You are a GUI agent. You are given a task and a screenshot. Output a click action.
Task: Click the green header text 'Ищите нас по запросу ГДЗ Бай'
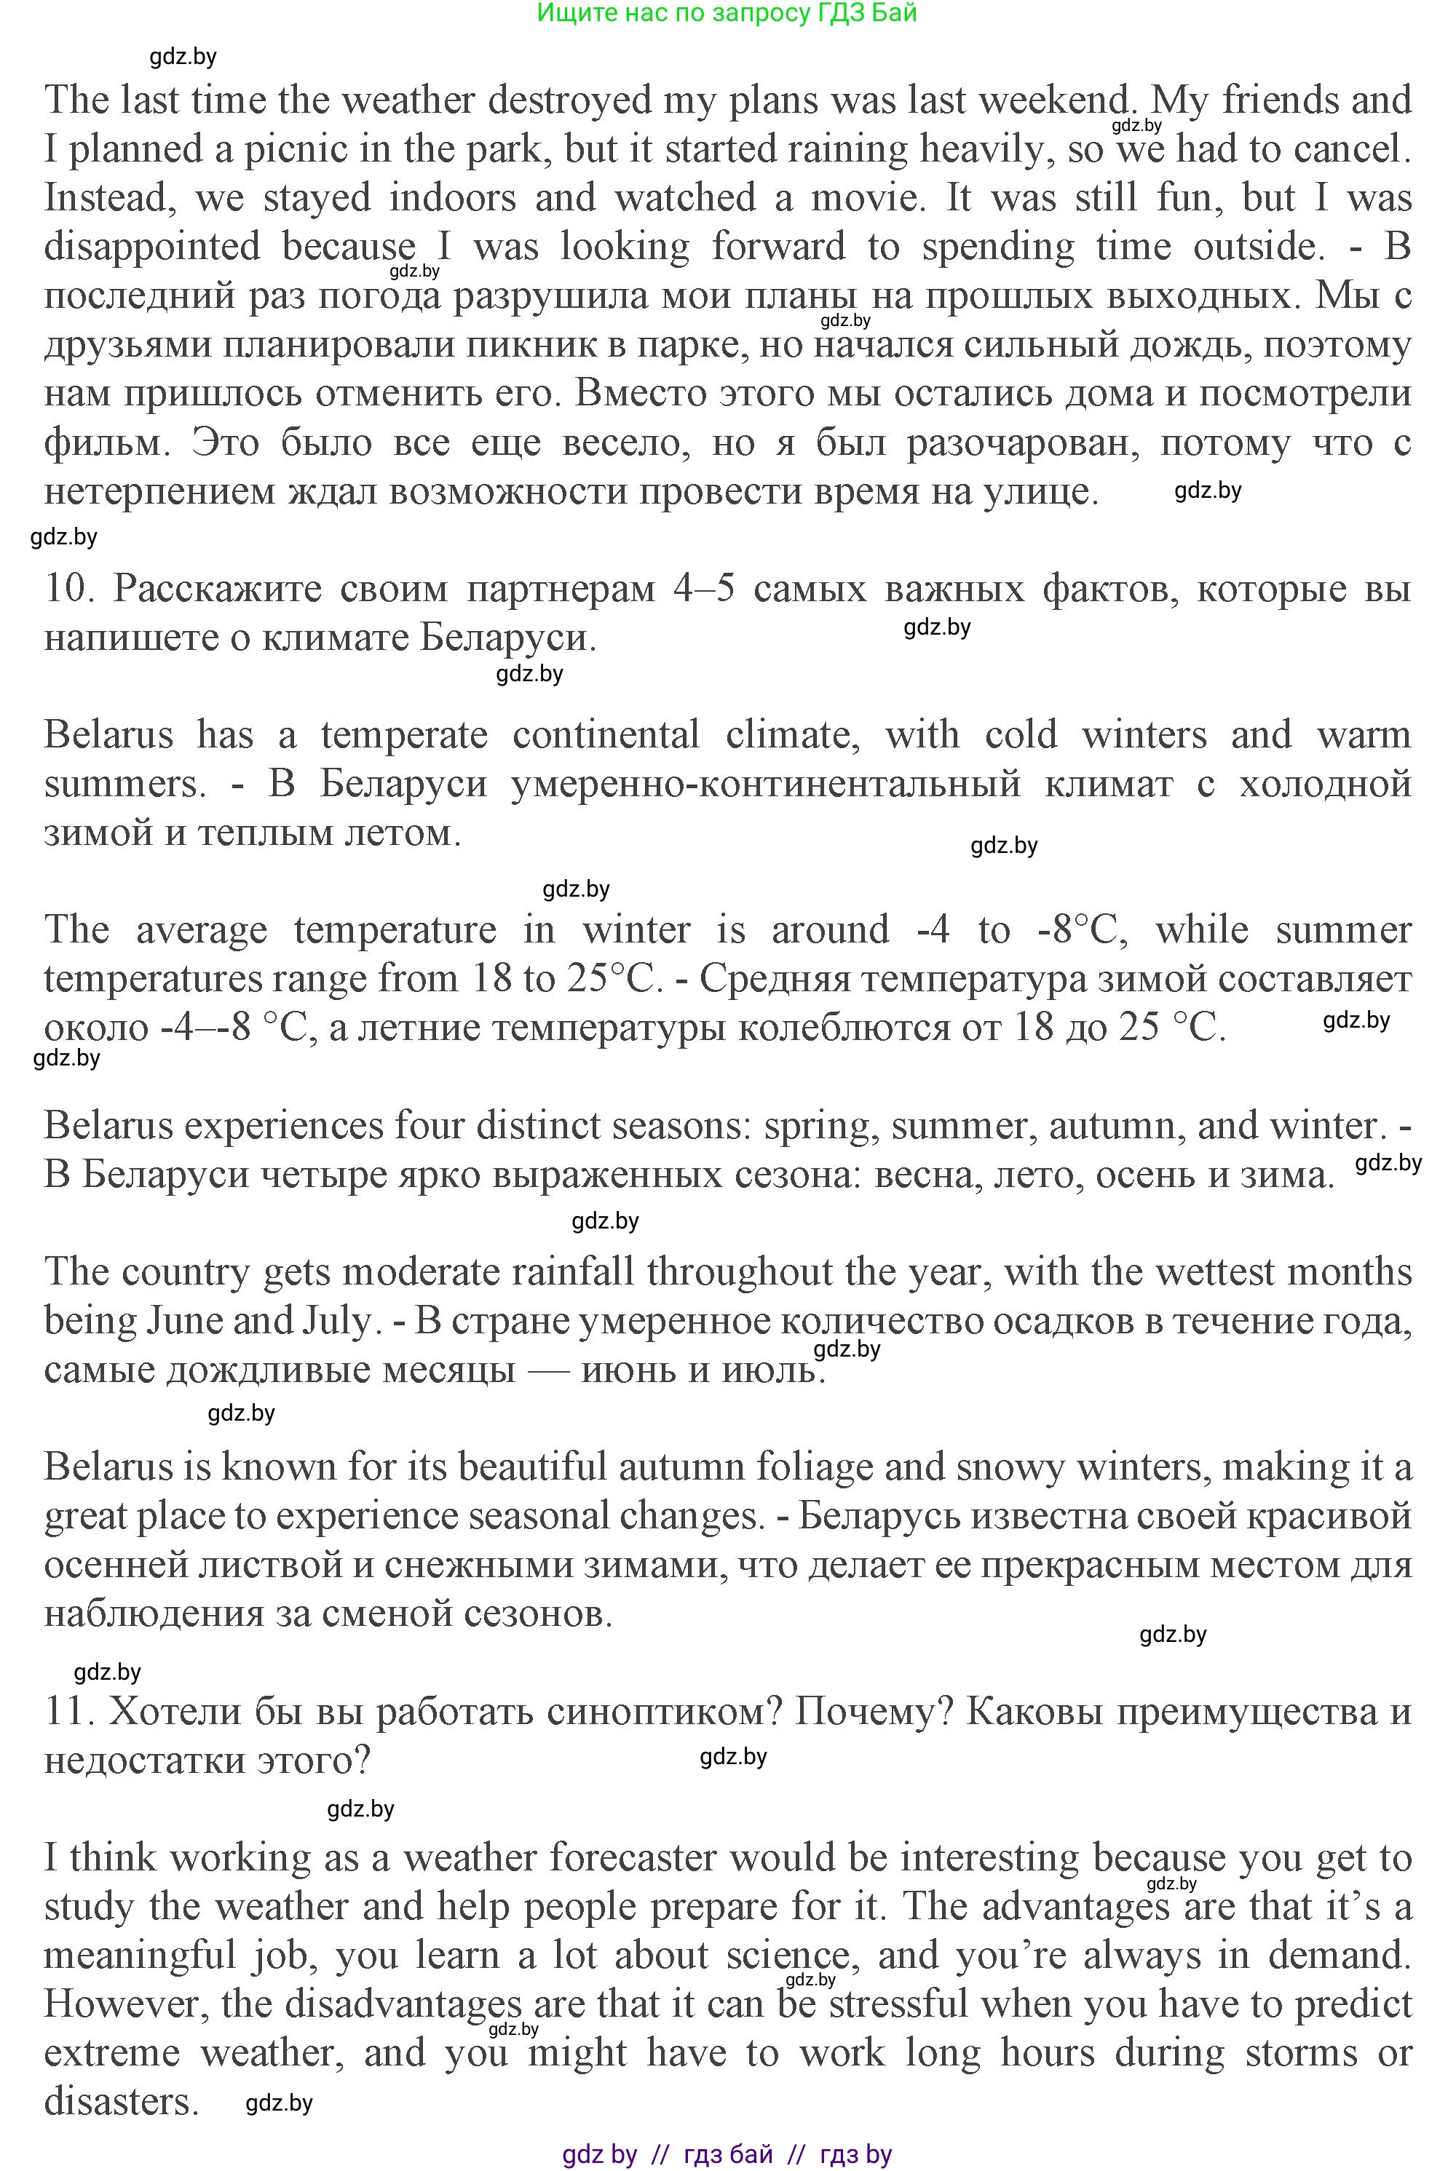coord(727,13)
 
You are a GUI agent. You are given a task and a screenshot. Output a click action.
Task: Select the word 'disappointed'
coord(152,247)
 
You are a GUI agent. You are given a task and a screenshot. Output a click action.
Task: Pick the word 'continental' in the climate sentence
coord(606,736)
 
